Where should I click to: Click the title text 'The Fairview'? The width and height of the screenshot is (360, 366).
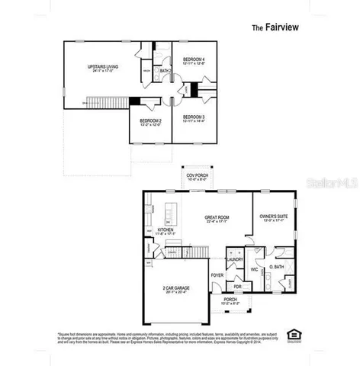(x=276, y=26)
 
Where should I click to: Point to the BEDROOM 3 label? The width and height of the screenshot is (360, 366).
(x=194, y=118)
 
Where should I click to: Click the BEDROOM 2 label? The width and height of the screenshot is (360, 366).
(x=149, y=120)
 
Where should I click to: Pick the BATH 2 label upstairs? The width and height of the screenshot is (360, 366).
(x=165, y=71)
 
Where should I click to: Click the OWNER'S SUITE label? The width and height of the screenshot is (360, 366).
(x=271, y=217)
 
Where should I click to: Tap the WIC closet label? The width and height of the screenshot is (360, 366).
(x=255, y=269)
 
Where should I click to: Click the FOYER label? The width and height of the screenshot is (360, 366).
(x=217, y=276)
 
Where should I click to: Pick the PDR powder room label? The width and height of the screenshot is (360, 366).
(x=237, y=287)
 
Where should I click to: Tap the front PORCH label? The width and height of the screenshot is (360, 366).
(x=230, y=300)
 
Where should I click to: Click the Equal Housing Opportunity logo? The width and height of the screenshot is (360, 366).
(x=291, y=334)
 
